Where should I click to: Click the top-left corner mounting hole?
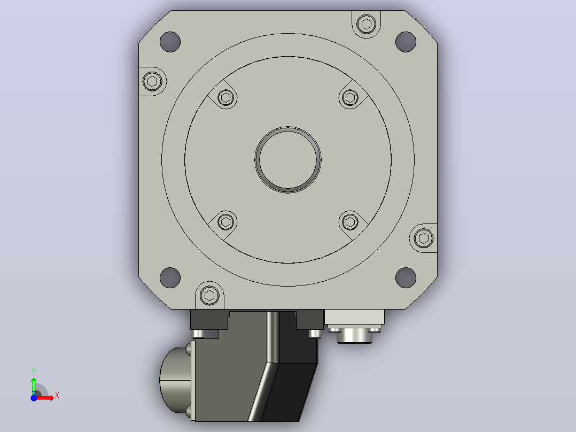pos(170,42)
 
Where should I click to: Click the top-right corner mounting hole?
pos(406,42)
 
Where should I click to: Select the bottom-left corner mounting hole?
pos(170,277)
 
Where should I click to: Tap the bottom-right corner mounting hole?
pos(406,277)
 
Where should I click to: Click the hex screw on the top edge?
pos(366,24)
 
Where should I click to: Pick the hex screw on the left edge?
pos(152,81)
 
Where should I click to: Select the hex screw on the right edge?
pos(424,238)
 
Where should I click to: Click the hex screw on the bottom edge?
pos(210,295)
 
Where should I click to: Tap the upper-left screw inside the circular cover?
pos(225,98)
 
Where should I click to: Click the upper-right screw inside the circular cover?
pos(350,98)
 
